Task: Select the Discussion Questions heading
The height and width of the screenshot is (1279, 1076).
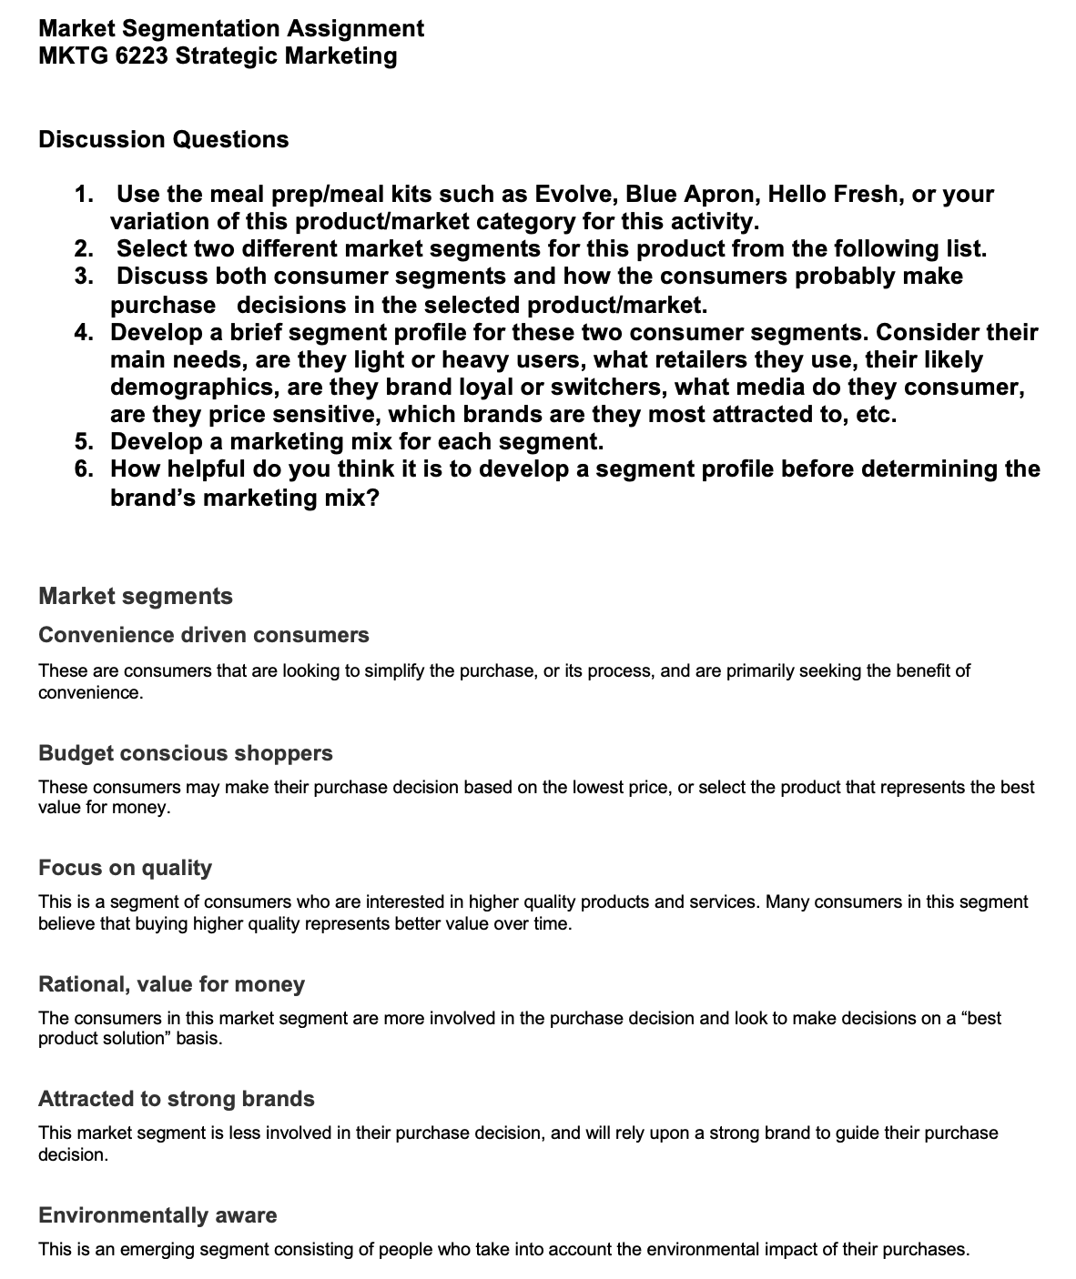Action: pos(163,139)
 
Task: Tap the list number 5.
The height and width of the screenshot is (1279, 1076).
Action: pos(84,442)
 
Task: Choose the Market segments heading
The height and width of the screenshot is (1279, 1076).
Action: pos(136,597)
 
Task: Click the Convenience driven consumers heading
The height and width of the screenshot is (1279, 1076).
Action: pos(204,635)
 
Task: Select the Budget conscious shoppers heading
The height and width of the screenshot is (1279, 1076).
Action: pos(186,753)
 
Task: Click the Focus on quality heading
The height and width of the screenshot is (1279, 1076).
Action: pos(125,868)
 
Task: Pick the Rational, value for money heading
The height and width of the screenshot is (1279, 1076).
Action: pos(172,984)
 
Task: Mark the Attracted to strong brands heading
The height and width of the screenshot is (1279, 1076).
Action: pos(177,1099)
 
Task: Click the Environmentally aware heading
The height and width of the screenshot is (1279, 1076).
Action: pos(157,1215)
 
